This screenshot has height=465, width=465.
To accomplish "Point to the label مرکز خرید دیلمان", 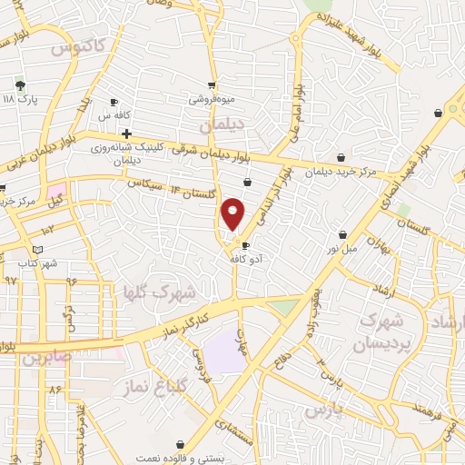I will click(x=339, y=171).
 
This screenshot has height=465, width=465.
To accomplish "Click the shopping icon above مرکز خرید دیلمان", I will click(x=341, y=157).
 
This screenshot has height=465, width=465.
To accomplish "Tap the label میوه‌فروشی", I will click(x=211, y=98).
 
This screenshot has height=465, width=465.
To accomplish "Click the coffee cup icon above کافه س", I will click(x=114, y=102).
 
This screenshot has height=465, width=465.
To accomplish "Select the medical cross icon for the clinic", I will click(x=114, y=134).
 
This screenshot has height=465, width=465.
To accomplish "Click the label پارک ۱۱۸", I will click(x=20, y=99).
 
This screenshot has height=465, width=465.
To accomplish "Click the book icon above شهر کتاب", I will click(x=37, y=250).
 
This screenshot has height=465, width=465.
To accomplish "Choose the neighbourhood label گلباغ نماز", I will click(x=143, y=388).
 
